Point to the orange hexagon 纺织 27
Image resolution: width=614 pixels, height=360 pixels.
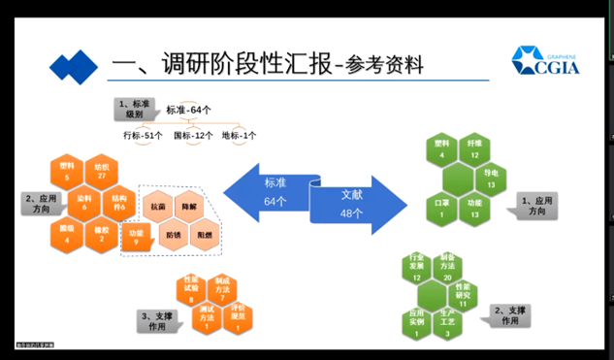[99, 172]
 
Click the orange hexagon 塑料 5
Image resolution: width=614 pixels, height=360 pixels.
[67, 172]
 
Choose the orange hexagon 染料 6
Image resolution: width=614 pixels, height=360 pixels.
[83, 201]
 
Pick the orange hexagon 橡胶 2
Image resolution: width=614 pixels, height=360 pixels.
[100, 233]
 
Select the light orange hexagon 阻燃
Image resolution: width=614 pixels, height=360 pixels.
[205, 235]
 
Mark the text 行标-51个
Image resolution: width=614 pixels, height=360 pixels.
[143, 136]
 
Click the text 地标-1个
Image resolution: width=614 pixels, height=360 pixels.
[240, 136]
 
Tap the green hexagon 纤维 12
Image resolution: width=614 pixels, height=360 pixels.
[474, 149]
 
